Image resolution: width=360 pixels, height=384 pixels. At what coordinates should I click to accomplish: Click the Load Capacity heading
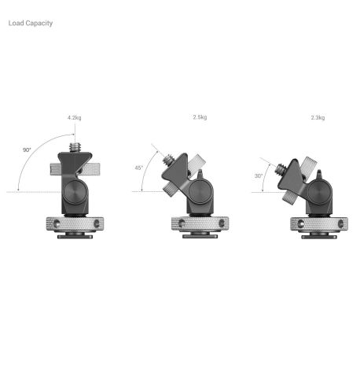point(31,23)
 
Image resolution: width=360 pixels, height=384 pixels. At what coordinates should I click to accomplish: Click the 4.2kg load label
point(74,117)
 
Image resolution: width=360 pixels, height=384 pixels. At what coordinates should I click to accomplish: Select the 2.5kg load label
point(200,117)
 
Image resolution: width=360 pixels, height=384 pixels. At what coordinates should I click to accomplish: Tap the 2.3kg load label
point(318,117)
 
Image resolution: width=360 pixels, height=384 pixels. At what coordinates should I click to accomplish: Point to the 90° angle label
point(26,149)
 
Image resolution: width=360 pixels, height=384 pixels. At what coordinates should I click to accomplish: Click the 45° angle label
point(138,167)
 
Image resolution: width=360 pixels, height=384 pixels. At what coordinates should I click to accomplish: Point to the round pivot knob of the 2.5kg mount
point(200,191)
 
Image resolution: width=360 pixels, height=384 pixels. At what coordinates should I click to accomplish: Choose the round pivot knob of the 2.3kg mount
point(319,192)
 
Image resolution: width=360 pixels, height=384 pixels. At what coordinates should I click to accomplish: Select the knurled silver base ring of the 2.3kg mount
point(318,223)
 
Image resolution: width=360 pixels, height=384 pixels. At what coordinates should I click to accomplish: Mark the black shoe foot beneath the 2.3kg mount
point(318,234)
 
